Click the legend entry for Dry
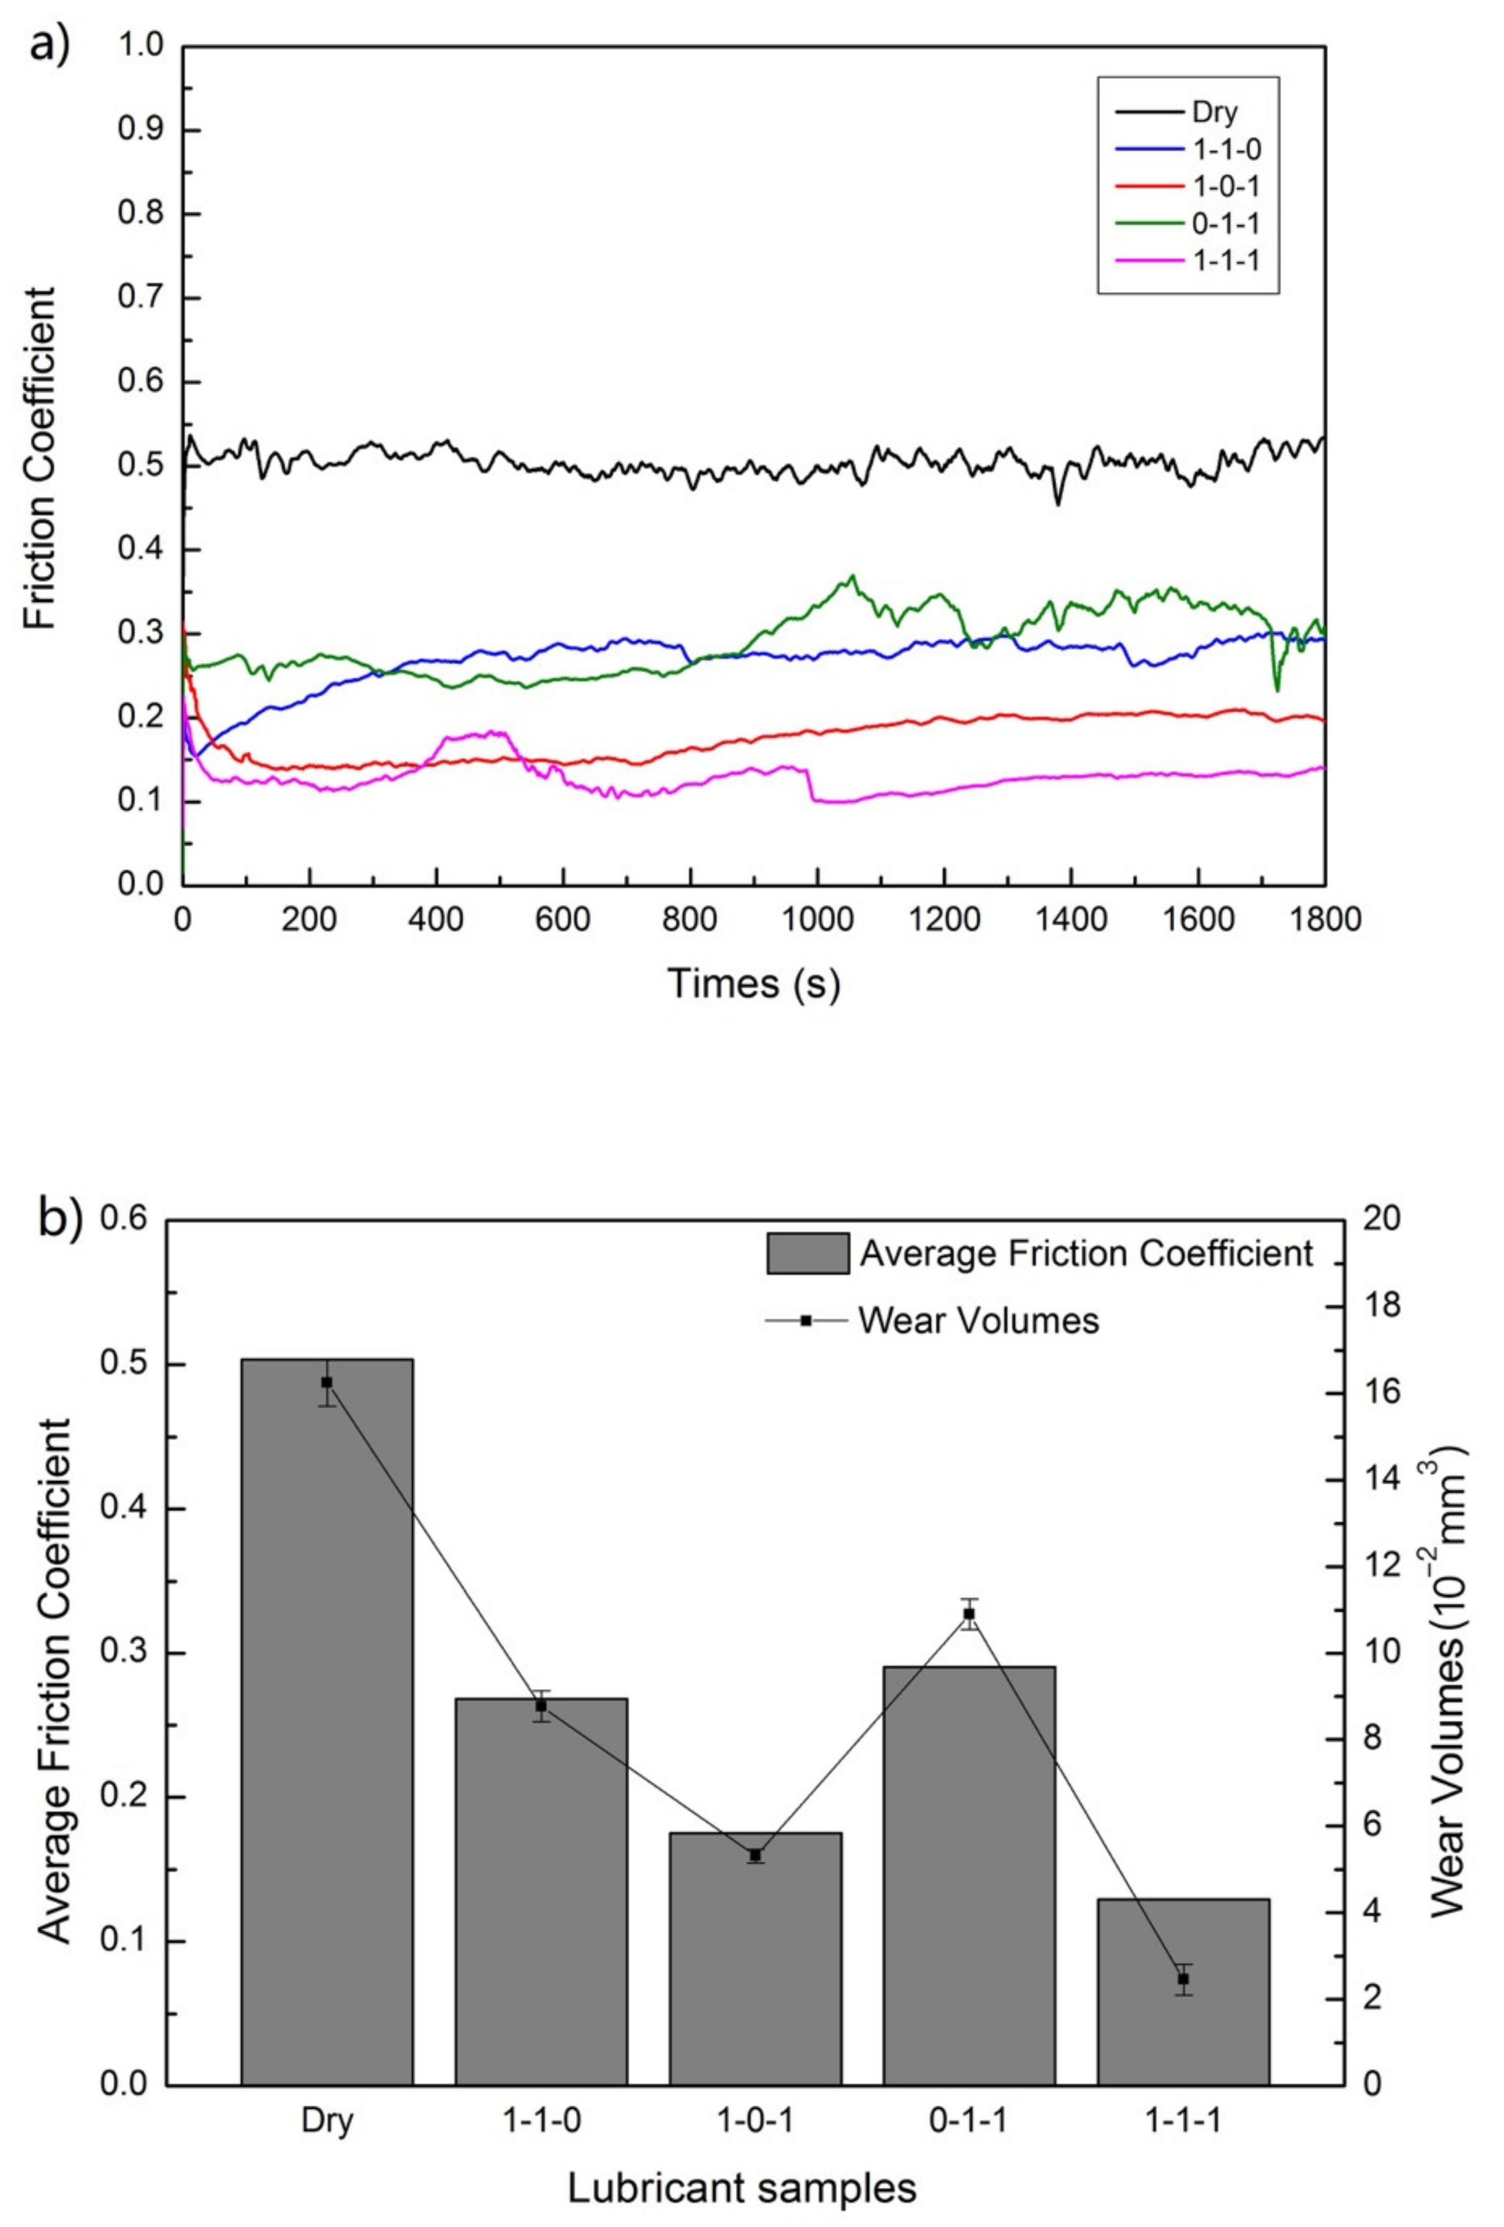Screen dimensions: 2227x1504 pos(1214,113)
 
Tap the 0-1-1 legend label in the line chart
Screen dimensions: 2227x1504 pos(1224,223)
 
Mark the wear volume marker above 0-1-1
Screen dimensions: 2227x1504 pos(969,1615)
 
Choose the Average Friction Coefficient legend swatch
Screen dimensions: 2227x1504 pos(807,1253)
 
